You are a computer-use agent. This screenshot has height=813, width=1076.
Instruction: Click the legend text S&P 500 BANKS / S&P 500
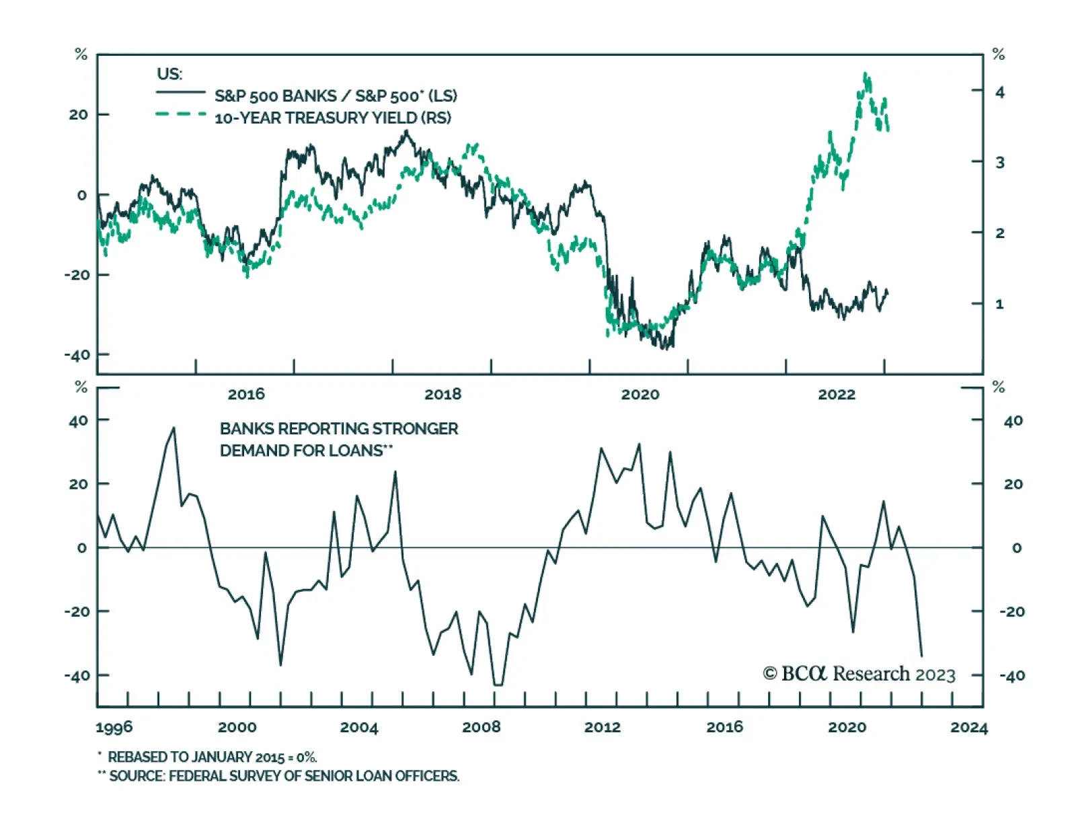335,96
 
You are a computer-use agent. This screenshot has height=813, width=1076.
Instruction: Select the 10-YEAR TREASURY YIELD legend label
332,118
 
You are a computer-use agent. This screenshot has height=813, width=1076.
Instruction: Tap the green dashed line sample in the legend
181,114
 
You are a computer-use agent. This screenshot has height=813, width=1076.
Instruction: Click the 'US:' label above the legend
169,74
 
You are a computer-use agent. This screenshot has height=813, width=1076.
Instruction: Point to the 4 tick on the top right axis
999,91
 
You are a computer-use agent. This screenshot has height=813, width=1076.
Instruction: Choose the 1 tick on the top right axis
999,304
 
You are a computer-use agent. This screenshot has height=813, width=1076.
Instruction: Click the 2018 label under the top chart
443,394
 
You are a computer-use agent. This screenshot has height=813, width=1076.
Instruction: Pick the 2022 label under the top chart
836,394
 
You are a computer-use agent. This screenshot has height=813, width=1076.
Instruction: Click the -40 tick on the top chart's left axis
77,354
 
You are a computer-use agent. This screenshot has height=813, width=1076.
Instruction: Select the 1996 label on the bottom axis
114,727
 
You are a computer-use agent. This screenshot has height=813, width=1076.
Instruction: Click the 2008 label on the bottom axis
481,727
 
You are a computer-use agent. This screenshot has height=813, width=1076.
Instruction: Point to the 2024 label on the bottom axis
968,727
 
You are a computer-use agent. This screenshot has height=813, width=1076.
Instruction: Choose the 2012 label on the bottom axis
603,727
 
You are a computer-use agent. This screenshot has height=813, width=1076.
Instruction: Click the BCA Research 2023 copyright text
859,674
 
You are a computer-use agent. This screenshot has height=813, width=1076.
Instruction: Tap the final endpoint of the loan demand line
921,656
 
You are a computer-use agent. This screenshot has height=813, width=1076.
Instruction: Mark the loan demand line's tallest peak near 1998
174,428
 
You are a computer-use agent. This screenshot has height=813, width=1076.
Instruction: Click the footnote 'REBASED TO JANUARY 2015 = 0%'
212,757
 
